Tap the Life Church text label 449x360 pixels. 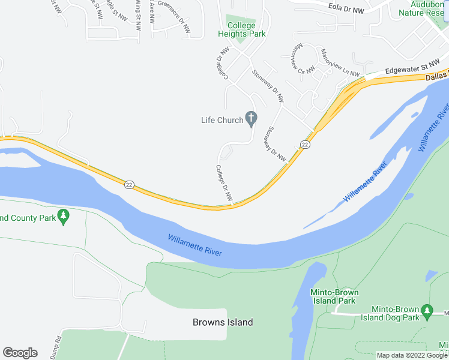(222, 120)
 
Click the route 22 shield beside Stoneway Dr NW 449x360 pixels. (306, 145)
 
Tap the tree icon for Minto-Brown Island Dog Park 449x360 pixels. (427, 310)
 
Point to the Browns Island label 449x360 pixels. (223, 322)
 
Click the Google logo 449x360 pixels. (20, 353)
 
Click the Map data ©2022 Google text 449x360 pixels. (412, 355)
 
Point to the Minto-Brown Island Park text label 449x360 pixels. (334, 296)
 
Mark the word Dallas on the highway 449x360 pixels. (437, 76)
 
